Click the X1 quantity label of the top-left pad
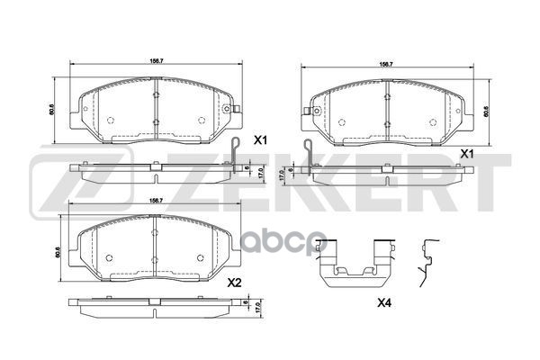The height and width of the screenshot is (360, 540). click(260, 139)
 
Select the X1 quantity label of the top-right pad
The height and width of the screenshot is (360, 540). click(467, 154)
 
